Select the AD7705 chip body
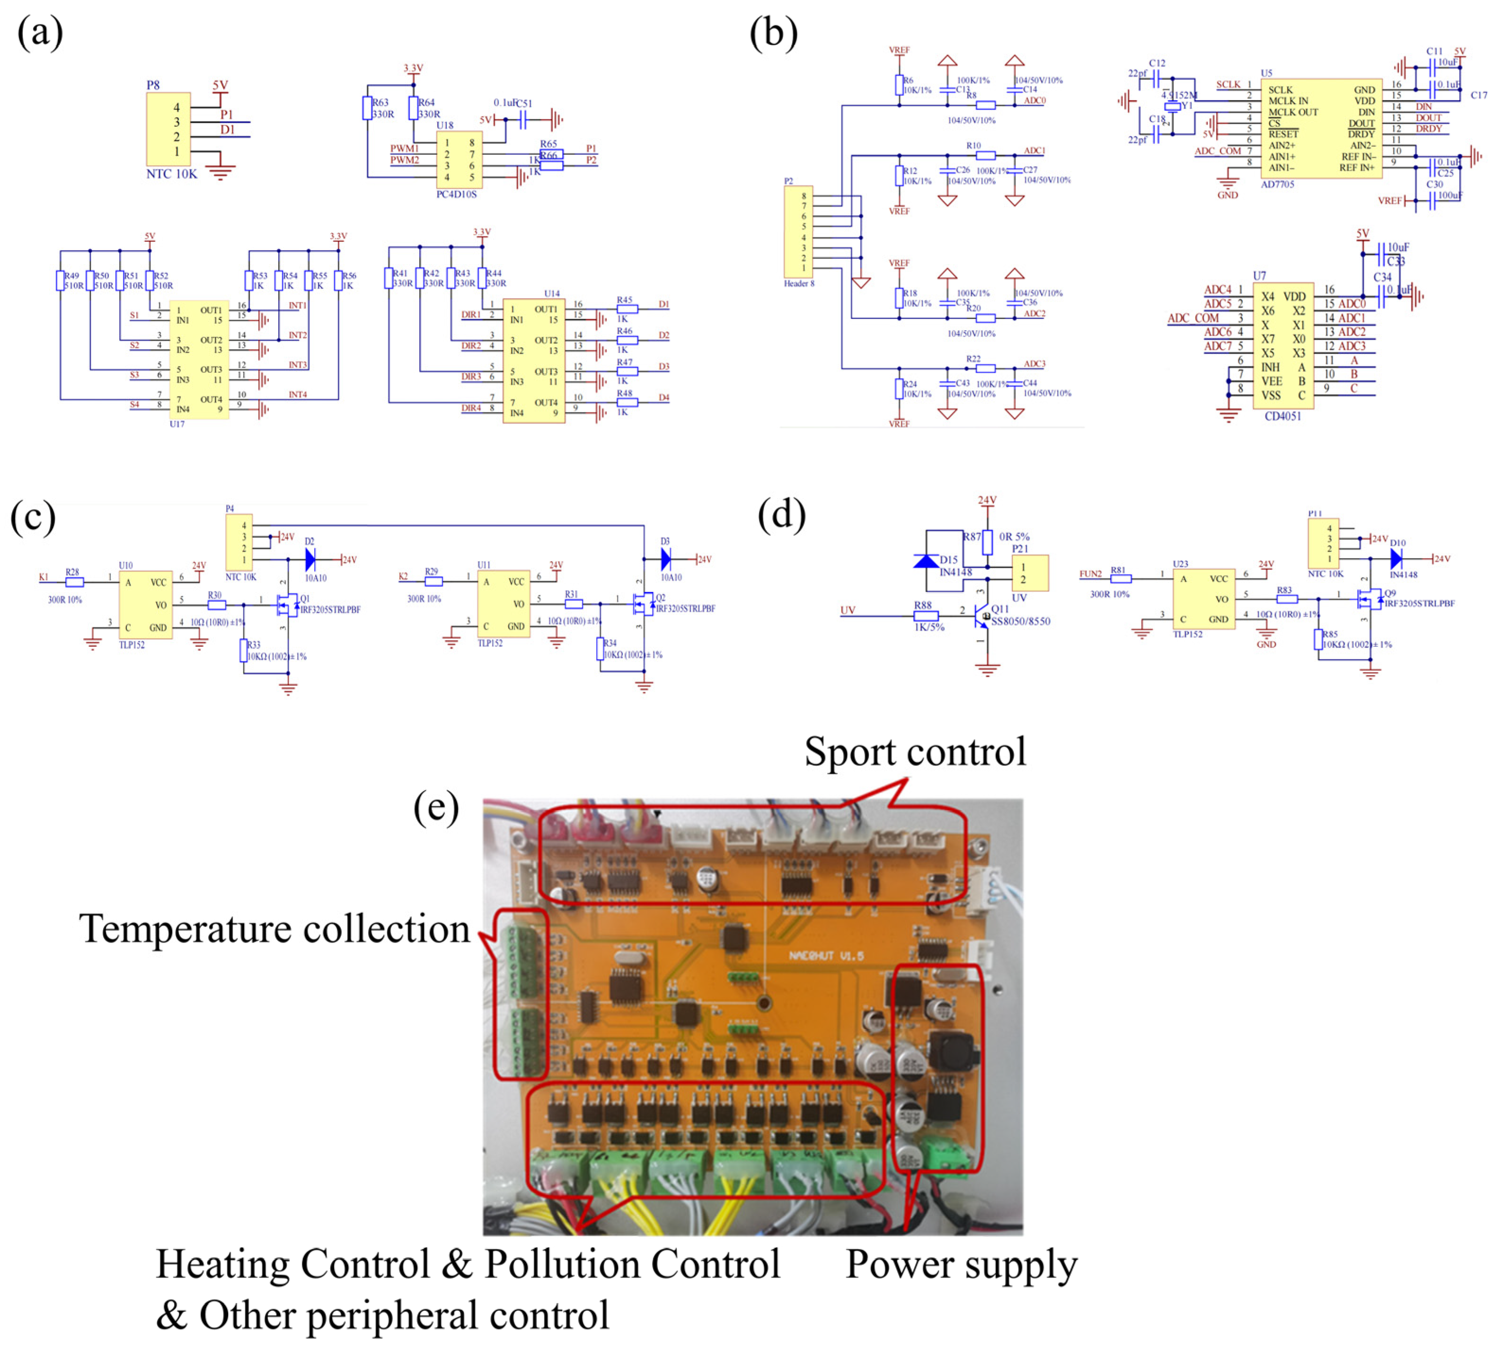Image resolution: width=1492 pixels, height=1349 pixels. tap(1320, 129)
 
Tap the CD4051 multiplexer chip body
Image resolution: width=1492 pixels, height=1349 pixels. tap(1282, 345)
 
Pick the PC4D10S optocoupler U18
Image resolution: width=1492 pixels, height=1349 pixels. tap(459, 160)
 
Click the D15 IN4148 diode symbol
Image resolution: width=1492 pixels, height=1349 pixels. tap(927, 561)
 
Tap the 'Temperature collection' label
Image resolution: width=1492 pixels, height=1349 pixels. tap(274, 929)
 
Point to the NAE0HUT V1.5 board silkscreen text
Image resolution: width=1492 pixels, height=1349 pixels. tap(825, 955)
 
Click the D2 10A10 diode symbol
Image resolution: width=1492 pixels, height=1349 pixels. tap(310, 559)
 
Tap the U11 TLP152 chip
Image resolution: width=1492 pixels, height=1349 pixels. tap(503, 604)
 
